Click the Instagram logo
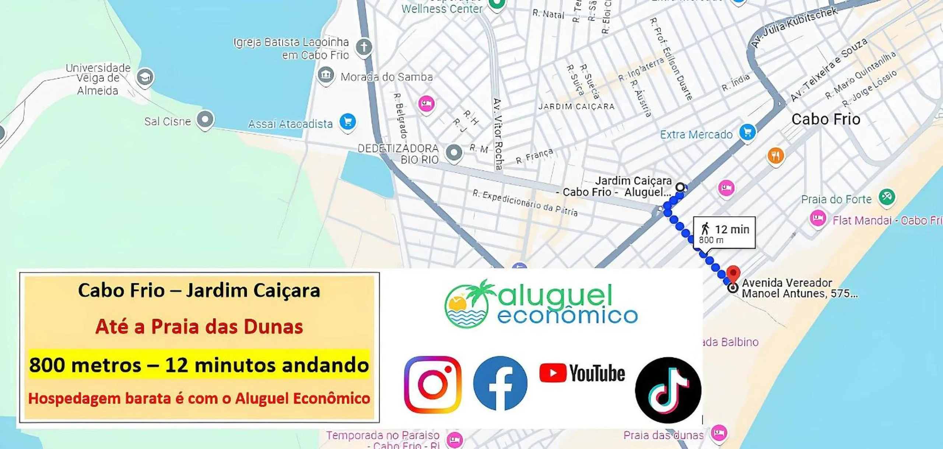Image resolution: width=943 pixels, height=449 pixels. coord(432,384)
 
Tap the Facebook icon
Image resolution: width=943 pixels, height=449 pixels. coord(500,383)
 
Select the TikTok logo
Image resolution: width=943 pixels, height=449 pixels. coord(668,390)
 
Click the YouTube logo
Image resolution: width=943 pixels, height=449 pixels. coord(582,373)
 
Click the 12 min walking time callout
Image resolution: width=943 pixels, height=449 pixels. coord(724,233)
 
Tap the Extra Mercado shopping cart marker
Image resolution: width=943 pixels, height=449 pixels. coord(747,132)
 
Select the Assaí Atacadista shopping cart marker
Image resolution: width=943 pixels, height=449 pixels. coord(347,122)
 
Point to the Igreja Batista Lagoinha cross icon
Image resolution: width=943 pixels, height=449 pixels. coord(364,47)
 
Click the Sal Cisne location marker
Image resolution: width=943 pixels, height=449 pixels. coord(205,119)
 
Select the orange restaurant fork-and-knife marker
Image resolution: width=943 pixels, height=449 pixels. coord(775,156)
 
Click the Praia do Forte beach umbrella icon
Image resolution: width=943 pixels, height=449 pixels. coord(887,197)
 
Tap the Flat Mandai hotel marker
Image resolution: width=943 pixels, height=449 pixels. coord(817,218)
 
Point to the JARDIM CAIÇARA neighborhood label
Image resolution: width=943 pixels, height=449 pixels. coord(576,107)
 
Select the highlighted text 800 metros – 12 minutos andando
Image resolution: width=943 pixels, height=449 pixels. coord(199,365)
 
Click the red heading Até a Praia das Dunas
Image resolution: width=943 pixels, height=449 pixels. coord(199,327)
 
